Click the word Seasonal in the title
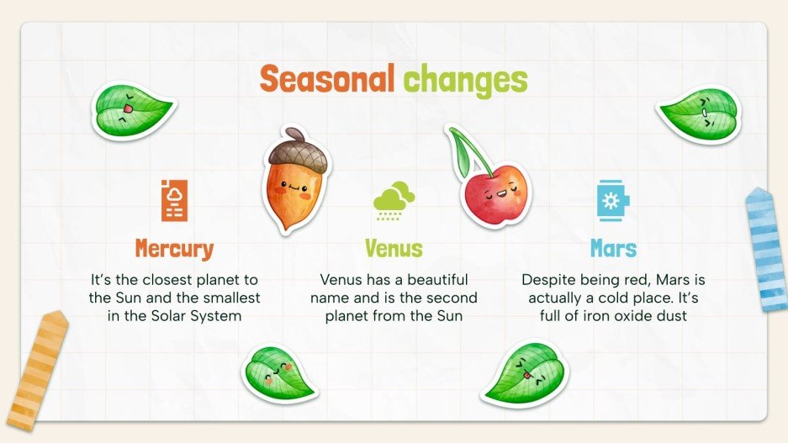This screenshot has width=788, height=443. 327,80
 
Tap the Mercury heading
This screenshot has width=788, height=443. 174,249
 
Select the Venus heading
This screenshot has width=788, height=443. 394,249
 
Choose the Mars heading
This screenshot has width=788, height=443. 613,249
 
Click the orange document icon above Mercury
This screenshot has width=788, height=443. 175,200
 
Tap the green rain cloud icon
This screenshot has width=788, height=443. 394,201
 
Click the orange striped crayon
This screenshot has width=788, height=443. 35,370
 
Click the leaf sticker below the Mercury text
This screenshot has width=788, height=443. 278,373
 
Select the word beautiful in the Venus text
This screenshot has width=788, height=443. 433,279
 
